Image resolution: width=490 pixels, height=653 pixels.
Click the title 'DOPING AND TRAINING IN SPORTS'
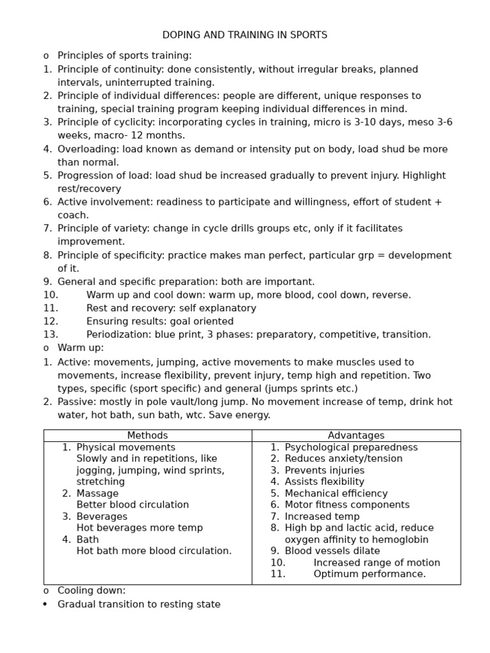coord(245,35)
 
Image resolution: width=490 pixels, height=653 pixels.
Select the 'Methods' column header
coord(147,436)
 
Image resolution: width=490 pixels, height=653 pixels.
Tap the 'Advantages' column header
coord(356,436)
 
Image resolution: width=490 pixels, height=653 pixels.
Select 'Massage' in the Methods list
coord(97,494)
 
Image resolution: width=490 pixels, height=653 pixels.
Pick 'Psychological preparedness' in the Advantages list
coord(351,448)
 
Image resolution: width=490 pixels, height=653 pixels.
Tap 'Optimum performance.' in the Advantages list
coord(369,574)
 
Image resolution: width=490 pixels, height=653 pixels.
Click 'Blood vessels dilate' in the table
coord(332,551)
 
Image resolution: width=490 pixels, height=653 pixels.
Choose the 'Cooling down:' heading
coord(91,591)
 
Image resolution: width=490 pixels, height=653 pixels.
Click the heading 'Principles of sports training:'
coord(124,56)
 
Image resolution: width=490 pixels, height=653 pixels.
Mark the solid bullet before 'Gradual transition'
coord(45,605)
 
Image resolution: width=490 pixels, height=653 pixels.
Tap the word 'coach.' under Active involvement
coord(73,216)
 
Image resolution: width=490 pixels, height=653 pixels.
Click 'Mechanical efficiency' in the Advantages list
coord(336,494)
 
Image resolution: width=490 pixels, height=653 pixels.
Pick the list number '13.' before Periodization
coord(50,335)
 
